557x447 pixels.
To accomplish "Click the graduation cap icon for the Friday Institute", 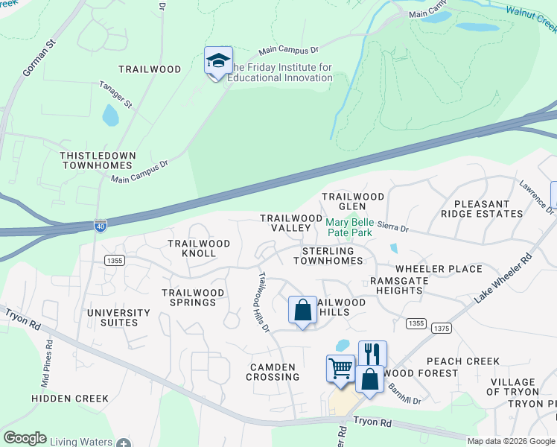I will tap(218, 61).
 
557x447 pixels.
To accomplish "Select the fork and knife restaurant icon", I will tap(372, 354).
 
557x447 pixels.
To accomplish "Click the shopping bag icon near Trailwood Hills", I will tap(303, 310).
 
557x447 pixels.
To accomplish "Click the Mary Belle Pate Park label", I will tap(349, 227).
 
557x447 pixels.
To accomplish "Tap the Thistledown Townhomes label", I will tap(98, 160).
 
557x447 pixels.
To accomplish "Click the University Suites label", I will tap(113, 317).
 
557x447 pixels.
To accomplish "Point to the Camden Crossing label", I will tap(273, 372).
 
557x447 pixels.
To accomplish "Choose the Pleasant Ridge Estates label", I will tap(482, 209).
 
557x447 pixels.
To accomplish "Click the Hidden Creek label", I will tap(70, 399).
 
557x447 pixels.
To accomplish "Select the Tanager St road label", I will tap(115, 95).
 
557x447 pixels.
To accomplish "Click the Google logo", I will tap(25, 438).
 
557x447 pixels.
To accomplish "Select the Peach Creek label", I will tap(462, 361).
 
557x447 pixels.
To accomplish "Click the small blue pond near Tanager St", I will tap(110, 115).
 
